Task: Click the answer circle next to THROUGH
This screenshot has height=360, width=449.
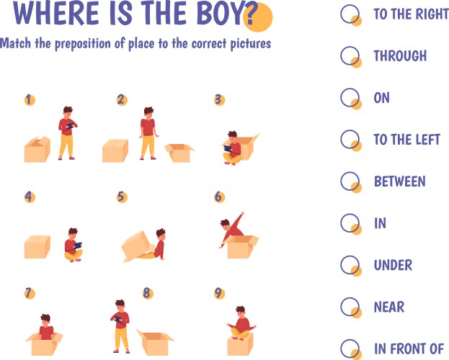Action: coord(350,55)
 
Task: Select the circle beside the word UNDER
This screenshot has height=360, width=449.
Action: coord(350,265)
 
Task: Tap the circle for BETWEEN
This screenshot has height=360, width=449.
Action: coord(350,181)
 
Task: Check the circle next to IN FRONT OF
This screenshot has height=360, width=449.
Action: coord(350,348)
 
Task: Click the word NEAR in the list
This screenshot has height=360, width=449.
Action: coord(389,307)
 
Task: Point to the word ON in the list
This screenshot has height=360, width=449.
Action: coord(381,98)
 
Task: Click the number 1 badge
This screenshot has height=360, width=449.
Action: coord(30,100)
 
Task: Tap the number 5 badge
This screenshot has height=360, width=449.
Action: coord(122,197)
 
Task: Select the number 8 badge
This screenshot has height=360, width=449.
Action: coord(148,293)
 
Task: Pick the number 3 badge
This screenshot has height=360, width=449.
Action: coord(219,99)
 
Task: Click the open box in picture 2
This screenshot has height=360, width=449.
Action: coord(179,153)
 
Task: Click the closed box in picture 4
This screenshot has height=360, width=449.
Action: coord(37,247)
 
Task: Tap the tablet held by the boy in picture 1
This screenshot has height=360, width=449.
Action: coord(70,126)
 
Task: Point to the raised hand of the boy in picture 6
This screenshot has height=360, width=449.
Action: coord(242,214)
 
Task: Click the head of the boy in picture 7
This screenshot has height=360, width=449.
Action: coord(45,320)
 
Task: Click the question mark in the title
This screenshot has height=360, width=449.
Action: coord(249,14)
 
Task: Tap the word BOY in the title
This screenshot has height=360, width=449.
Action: coord(221,13)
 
